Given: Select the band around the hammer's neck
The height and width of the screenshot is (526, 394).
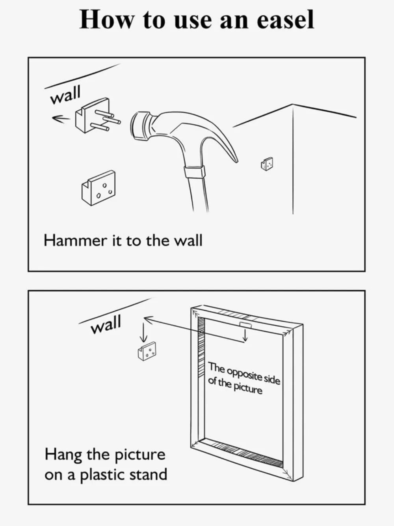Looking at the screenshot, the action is coord(194,172).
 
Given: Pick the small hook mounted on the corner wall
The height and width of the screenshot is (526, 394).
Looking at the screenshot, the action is coord(267,164).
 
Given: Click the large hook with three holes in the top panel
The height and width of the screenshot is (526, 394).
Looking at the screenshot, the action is coord(98,188).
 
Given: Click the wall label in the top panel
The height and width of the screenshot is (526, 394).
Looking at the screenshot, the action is coord(65,95).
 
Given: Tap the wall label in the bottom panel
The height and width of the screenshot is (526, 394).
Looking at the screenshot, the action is coord(106,324).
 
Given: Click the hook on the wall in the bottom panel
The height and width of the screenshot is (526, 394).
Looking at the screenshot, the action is coord(147,351).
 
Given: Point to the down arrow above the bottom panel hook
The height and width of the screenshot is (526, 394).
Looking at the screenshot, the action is coord(143,332).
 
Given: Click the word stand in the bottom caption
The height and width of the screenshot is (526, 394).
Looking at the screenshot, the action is coord(148,474).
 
